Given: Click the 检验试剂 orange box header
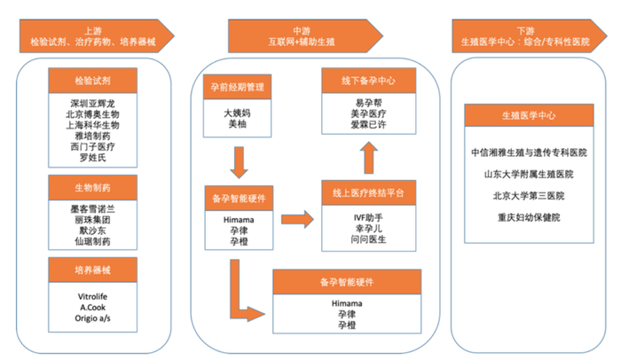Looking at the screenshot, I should click(94, 82).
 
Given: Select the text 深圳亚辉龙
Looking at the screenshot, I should click(94, 102).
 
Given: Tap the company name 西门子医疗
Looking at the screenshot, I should click(94, 148).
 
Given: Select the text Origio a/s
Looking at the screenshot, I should click(94, 317).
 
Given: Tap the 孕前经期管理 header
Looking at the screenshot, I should click(237, 87).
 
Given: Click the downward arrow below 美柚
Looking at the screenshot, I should click(237, 161).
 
